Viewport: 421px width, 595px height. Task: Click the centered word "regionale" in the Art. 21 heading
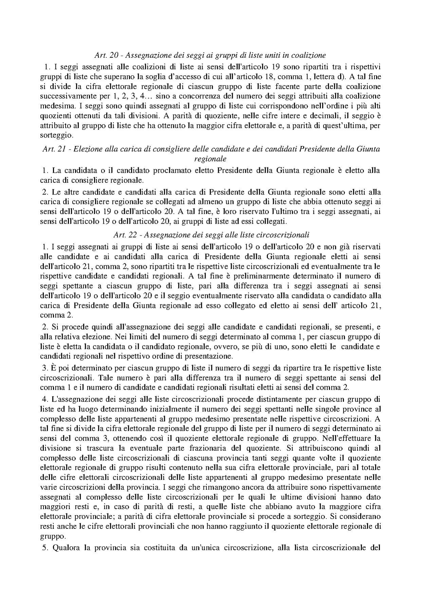point(210,159)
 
